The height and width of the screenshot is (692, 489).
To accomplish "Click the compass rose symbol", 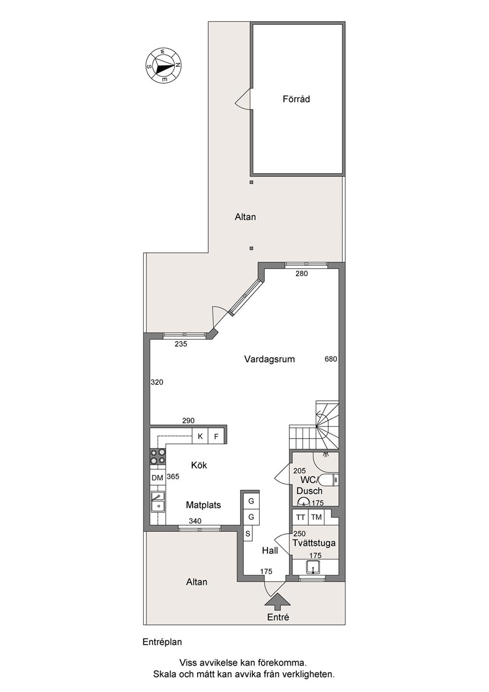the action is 163,66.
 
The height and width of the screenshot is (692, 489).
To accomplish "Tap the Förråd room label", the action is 296,99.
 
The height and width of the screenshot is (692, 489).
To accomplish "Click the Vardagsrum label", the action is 270,359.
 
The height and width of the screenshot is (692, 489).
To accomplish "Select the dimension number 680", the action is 331,359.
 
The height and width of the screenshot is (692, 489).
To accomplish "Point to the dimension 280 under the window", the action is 302,273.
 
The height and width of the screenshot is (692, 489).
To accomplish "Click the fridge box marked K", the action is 200,436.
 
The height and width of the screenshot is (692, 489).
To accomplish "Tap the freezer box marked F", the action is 216,436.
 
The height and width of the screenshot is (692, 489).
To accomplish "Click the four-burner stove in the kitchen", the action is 157,456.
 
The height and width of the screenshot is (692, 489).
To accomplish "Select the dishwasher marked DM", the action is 157,478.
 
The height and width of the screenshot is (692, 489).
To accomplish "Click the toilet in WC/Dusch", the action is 328,480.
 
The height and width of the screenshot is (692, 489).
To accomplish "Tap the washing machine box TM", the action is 316,517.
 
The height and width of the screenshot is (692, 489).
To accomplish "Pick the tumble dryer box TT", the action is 300,517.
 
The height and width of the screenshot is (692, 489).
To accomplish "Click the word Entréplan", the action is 162,642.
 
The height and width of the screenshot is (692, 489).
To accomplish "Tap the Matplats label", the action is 204,505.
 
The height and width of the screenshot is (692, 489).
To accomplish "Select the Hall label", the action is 270,550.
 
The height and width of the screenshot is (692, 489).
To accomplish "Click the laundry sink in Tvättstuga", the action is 313,567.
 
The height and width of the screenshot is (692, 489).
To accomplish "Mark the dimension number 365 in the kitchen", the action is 173,476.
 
